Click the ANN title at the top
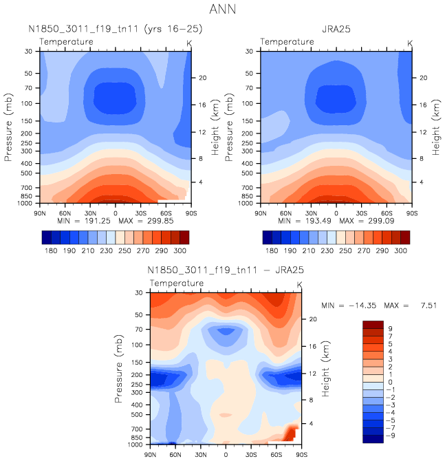[223, 10]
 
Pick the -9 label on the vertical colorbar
[391, 436]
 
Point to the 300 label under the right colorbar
[400, 252]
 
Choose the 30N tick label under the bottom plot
[201, 454]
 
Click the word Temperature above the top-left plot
[66, 42]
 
